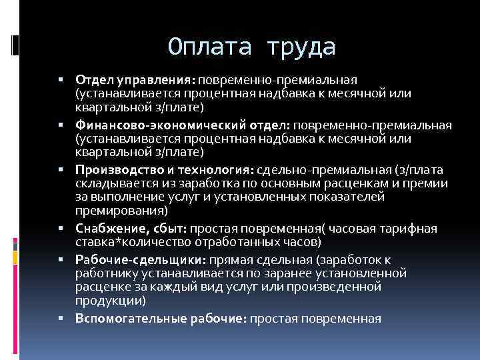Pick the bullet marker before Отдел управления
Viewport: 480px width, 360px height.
point(61,81)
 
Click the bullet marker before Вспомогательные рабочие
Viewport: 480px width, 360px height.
point(61,319)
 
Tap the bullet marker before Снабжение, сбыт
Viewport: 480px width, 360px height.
point(61,229)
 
